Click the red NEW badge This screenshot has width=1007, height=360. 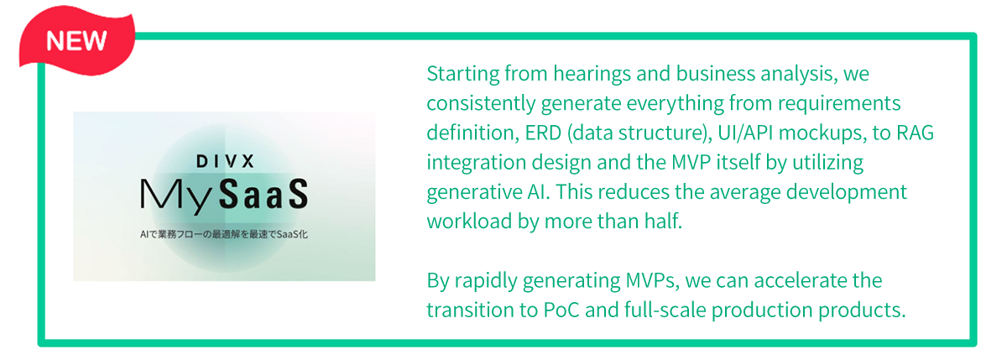tap(77, 40)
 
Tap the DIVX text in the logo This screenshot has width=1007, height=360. tap(225, 161)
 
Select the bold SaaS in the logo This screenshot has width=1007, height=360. tap(263, 194)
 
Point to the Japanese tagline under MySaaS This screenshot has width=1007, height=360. tap(224, 234)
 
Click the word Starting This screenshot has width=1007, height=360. tap(462, 74)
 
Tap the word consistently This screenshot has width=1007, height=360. tap(481, 104)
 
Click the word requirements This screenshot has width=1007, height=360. tap(839, 104)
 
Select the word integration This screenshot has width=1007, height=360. tap(476, 163)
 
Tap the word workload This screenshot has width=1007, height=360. tap(469, 222)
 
